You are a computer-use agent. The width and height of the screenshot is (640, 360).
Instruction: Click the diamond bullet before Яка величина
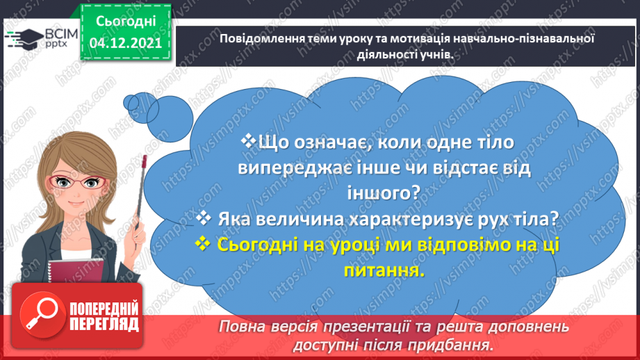(204, 218)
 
